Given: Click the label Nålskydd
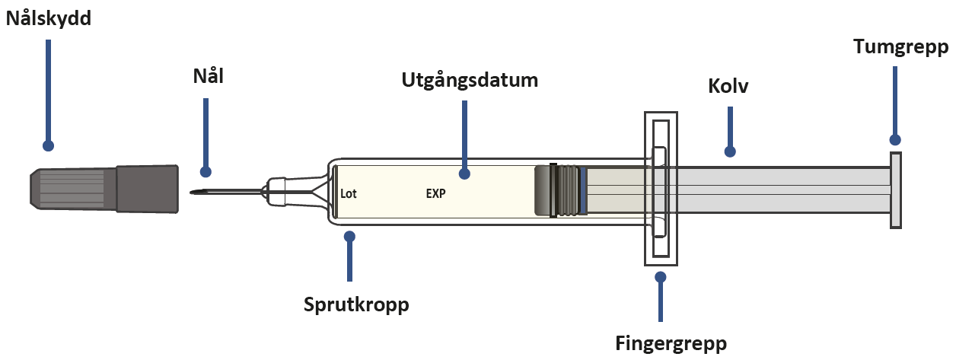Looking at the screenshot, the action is click(x=48, y=19).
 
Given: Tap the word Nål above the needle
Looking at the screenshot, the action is click(x=209, y=76).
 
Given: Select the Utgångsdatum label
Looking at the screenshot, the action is click(x=470, y=81).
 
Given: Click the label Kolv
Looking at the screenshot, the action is click(x=728, y=86).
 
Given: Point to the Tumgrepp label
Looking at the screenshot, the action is click(x=901, y=47).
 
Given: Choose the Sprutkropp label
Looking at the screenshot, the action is click(x=356, y=305).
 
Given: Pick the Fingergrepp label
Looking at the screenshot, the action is click(x=671, y=344).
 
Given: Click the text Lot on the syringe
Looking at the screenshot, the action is click(x=349, y=193).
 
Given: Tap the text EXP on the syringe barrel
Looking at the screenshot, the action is click(x=435, y=193).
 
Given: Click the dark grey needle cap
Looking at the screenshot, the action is click(x=104, y=189).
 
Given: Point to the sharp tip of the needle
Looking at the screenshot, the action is click(x=191, y=193).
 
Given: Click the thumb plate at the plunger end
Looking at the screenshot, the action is click(x=895, y=190).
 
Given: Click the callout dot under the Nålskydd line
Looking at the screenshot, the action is click(x=48, y=146).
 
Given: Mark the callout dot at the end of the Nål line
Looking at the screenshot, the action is click(x=206, y=172).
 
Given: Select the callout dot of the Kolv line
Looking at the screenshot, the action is click(x=730, y=151).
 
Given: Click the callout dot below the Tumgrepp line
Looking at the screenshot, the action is click(x=895, y=140).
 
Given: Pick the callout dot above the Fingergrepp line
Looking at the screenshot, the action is click(x=660, y=277).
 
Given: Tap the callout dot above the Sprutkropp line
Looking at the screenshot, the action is click(x=349, y=236).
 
